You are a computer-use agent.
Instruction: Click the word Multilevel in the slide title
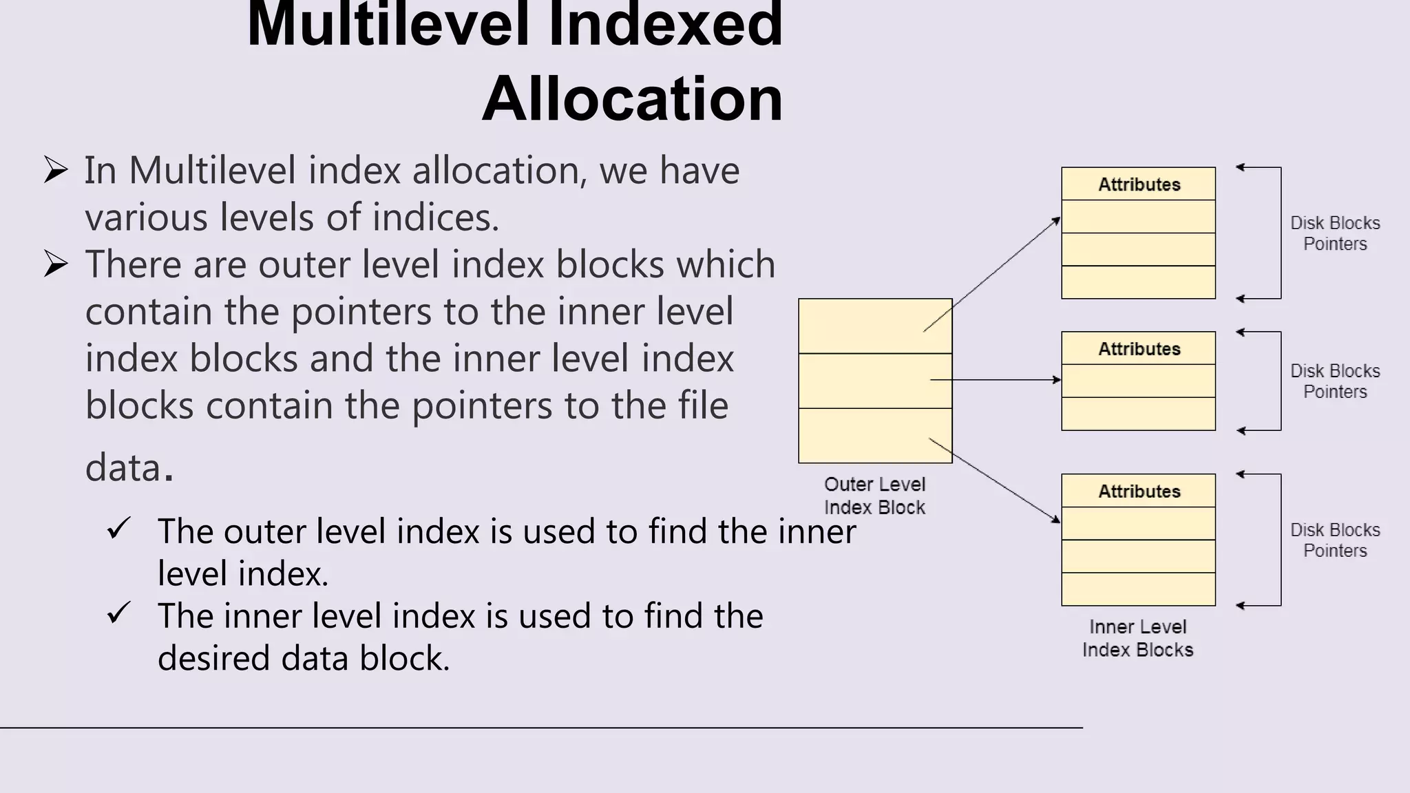click(389, 25)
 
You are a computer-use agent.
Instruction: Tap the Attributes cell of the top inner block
click(1138, 184)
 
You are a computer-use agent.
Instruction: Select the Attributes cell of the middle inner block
click(1138, 348)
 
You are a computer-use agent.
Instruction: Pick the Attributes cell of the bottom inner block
click(1138, 491)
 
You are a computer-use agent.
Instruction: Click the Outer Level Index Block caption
click(874, 496)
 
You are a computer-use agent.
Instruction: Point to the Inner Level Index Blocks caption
click(1137, 638)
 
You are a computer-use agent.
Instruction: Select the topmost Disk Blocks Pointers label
click(1334, 233)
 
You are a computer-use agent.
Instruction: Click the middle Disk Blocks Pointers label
click(1334, 381)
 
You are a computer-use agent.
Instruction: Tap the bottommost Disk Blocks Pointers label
click(1334, 540)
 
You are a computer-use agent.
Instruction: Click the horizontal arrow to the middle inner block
click(995, 379)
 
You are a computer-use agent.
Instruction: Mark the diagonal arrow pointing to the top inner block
click(991, 275)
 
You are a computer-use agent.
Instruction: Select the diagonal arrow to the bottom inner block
click(995, 480)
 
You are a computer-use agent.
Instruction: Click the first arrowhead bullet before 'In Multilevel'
click(56, 169)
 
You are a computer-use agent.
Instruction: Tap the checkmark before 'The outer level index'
click(119, 529)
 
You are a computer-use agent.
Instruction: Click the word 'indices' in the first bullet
click(434, 218)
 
